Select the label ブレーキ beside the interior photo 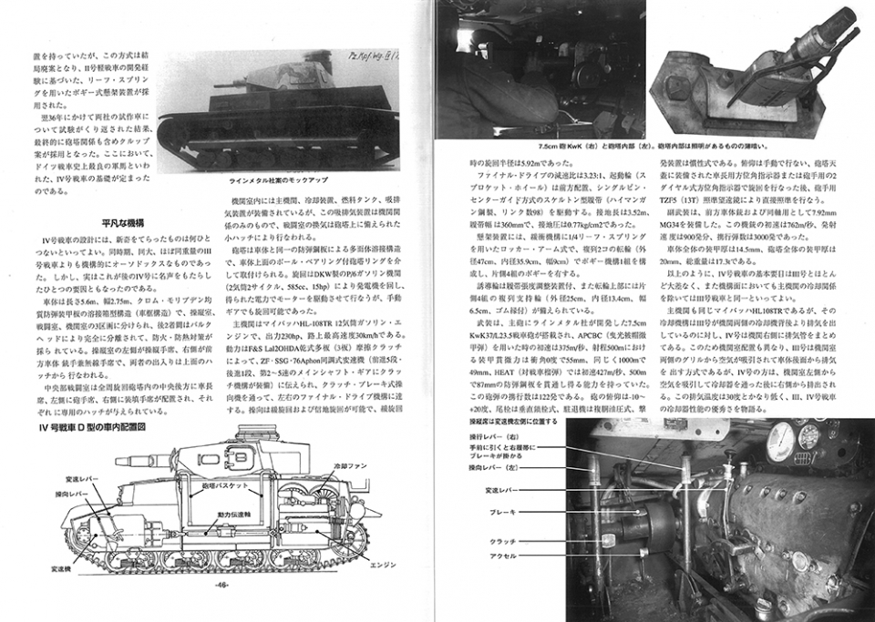(501, 513)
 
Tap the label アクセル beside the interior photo (501, 555)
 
